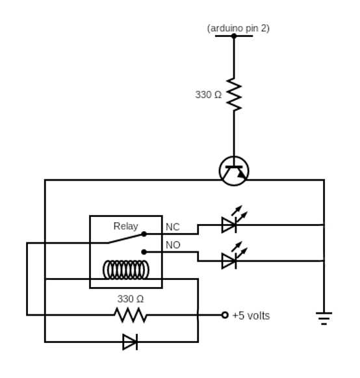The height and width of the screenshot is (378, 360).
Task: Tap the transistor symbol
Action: point(233,171)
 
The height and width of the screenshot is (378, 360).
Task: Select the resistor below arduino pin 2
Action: point(233,95)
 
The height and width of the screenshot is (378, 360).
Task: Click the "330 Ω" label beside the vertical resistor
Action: point(208,95)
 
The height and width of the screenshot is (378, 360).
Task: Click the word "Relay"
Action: point(125,226)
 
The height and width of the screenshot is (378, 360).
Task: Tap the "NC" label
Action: point(172,227)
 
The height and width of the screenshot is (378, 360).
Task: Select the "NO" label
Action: point(173,245)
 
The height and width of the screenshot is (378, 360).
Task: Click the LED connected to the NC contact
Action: point(229,225)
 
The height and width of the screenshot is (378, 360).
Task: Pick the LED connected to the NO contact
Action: point(229,260)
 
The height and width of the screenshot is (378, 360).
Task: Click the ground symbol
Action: point(323,317)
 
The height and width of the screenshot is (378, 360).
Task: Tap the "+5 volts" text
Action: point(251,316)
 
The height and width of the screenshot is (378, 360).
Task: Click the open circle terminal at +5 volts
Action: point(225,316)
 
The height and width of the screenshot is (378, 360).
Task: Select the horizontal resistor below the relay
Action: point(130,316)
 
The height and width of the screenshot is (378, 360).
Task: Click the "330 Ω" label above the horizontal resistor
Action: point(130,299)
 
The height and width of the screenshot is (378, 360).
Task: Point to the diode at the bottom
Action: point(130,342)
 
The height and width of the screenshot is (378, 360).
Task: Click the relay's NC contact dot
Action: point(144,233)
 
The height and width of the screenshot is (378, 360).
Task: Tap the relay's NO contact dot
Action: point(144,251)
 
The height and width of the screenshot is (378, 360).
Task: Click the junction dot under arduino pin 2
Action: point(233,36)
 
